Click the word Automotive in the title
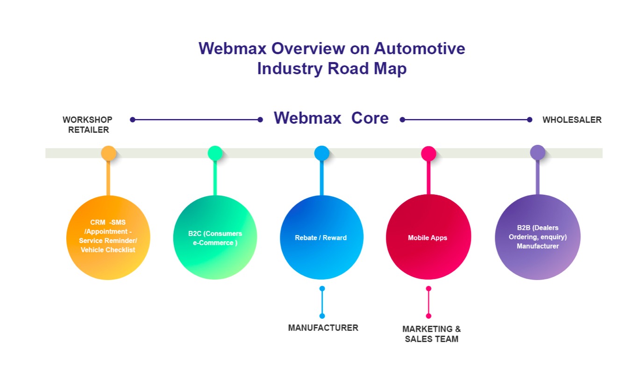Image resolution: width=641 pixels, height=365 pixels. click(x=420, y=49)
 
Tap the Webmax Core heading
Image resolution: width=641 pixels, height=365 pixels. click(x=331, y=118)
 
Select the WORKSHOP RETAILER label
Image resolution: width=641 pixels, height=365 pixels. click(x=87, y=125)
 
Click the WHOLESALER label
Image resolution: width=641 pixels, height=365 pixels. click(x=572, y=120)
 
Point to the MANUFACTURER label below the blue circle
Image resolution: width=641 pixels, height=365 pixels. click(x=323, y=328)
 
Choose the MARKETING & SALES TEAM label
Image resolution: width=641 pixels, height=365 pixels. click(x=432, y=334)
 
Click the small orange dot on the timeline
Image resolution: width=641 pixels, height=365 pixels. click(x=109, y=153)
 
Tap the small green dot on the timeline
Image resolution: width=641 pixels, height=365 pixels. click(x=215, y=153)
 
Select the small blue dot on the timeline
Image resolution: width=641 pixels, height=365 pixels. click(x=322, y=153)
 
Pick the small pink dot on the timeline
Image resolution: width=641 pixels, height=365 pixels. click(x=429, y=153)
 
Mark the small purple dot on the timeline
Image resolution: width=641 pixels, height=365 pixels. click(x=538, y=152)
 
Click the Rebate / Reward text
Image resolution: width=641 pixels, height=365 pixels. click(x=321, y=238)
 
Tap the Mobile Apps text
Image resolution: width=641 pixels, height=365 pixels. click(x=427, y=238)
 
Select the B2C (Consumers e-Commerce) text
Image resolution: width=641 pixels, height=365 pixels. click(x=215, y=238)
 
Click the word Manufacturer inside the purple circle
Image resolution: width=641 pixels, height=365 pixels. click(x=538, y=246)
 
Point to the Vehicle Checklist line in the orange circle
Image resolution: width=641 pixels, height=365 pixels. click(x=108, y=250)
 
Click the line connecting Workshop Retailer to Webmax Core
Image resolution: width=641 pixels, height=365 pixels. click(x=196, y=120)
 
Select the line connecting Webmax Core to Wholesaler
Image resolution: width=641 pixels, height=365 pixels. click(x=466, y=120)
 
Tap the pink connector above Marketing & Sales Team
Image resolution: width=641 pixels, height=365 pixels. click(x=429, y=302)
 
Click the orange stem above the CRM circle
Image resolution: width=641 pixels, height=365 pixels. click(x=108, y=178)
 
